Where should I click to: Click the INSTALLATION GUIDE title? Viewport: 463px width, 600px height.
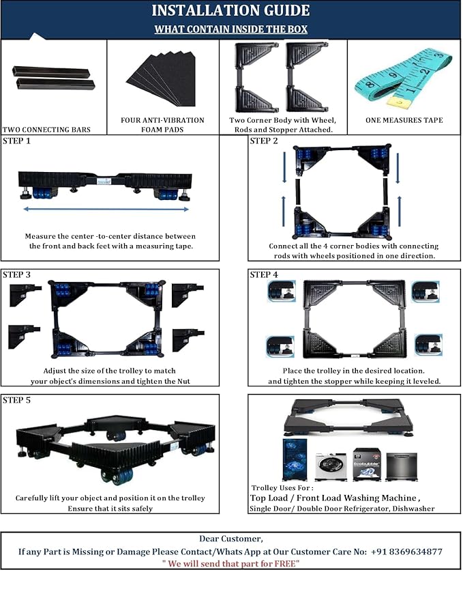(230, 11)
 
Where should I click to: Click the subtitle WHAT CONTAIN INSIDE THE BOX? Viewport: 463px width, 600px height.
(230, 29)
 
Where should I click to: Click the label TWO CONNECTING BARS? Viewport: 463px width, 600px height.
(46, 130)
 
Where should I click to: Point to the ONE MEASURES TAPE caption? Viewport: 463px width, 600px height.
(404, 120)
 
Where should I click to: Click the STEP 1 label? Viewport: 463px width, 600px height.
(17, 141)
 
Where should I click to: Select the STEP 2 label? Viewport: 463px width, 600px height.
(264, 141)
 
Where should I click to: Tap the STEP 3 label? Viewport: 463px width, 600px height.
(17, 274)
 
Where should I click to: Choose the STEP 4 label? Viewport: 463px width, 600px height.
(264, 274)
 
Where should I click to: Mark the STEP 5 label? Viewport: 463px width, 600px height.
(17, 400)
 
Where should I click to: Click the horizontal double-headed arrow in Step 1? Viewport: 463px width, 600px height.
(106, 208)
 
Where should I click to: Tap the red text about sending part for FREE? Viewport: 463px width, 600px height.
(230, 563)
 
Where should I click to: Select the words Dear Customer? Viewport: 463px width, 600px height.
(230, 539)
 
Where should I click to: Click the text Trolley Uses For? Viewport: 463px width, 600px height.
(282, 488)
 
